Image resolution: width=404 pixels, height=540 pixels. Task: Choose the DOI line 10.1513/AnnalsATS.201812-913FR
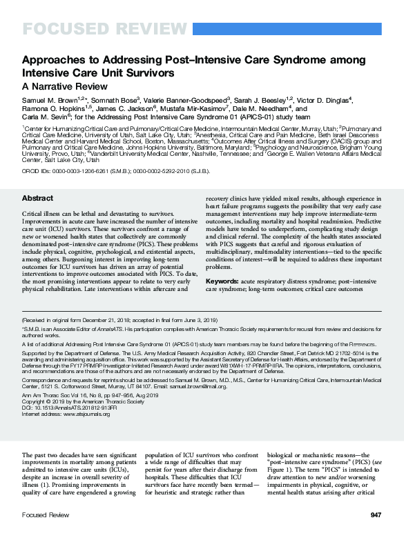[69, 407]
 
